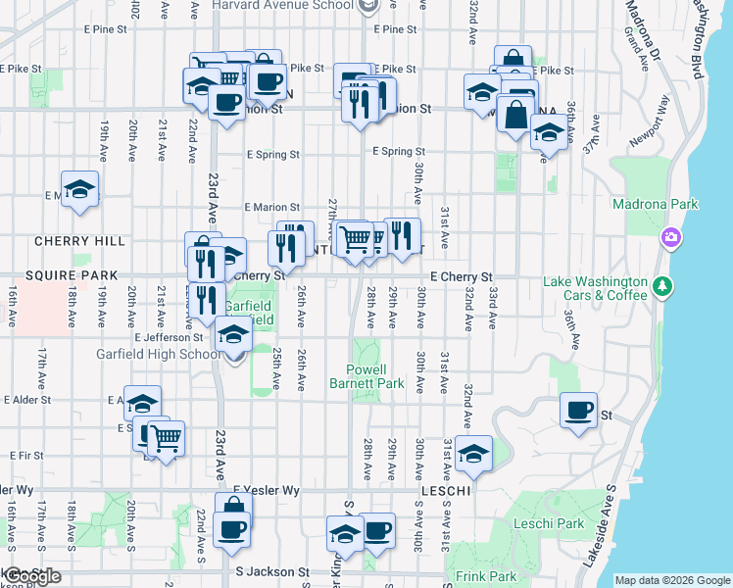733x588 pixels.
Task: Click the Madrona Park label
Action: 655,204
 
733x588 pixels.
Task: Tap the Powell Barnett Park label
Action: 374,377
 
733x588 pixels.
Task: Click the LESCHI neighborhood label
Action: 447,489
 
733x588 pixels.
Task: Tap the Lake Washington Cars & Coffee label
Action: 597,289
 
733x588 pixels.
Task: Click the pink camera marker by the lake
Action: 671,237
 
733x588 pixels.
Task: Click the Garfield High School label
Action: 158,354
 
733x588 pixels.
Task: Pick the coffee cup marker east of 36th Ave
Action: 578,410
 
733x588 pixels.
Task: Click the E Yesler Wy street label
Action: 265,490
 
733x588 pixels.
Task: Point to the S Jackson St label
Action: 272,571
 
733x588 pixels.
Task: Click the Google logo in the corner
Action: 31,577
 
